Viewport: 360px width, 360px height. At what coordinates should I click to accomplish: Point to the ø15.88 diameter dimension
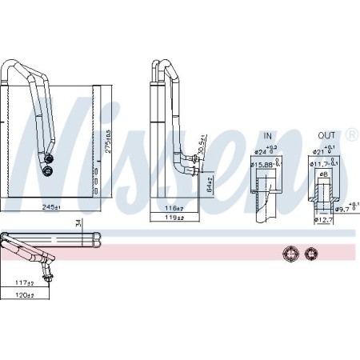click(x=262, y=165)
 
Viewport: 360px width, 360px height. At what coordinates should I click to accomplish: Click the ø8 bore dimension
click(x=322, y=175)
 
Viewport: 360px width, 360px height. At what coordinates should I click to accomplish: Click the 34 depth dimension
click(x=77, y=223)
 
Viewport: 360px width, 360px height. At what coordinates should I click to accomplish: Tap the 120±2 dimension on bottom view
click(x=26, y=296)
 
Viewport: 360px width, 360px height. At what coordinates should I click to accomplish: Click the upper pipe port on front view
click(x=50, y=158)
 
